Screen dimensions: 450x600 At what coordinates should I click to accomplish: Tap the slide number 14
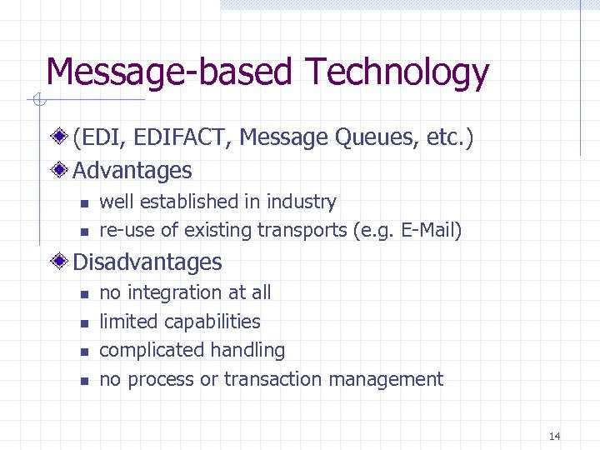[555, 437]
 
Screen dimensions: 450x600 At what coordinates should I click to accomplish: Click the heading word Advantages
[132, 171]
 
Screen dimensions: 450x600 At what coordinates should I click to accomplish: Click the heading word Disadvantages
[147, 262]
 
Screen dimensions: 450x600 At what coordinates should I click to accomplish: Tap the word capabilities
[212, 322]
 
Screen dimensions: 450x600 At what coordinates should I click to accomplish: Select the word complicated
[147, 351]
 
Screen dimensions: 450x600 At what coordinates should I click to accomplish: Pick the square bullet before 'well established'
[83, 203]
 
